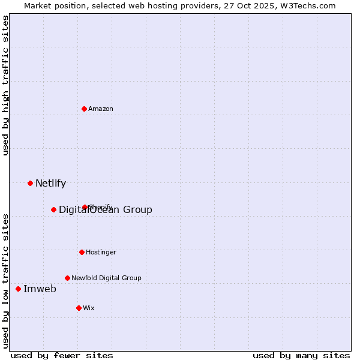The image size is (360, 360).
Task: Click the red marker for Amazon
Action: pos(85,109)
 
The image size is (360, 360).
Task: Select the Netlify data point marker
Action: pos(31,183)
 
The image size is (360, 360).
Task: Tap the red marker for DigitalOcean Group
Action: pos(54,209)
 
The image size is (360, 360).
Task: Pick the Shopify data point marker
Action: pos(85,207)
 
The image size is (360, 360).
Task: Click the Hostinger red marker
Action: pos(82,252)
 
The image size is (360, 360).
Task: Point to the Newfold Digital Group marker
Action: pos(68,278)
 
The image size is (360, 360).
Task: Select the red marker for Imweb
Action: pos(19,289)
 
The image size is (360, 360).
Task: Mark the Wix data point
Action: pos(79,308)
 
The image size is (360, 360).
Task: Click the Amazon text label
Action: pos(101,109)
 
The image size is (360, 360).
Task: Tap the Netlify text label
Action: pos(50,183)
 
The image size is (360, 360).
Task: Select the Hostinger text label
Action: pos(101,252)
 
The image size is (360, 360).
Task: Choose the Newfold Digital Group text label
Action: pos(106,278)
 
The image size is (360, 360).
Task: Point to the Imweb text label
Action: pos(40,289)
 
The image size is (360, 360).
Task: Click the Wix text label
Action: pos(89,308)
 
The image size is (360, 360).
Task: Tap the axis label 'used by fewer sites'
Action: pos(62,355)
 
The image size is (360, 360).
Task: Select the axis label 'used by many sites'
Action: pos(301,355)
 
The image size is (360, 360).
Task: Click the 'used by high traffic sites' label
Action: pos(5,85)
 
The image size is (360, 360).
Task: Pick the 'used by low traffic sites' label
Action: pos(5,280)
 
